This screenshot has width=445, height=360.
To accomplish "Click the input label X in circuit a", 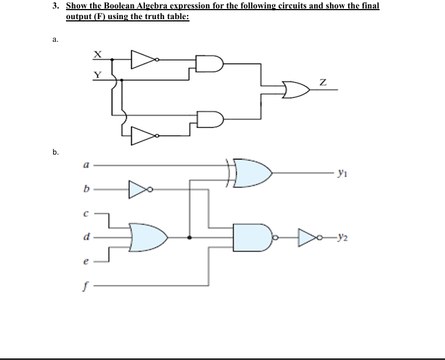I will tap(97, 54).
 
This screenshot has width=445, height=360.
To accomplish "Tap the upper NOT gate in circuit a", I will tap(144, 59).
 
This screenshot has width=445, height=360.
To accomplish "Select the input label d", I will tap(86, 238).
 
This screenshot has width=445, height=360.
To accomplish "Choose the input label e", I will tap(86, 261).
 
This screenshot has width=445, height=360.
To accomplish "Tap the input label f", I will tap(86, 286).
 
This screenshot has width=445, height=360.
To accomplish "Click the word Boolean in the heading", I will tap(121, 6).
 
